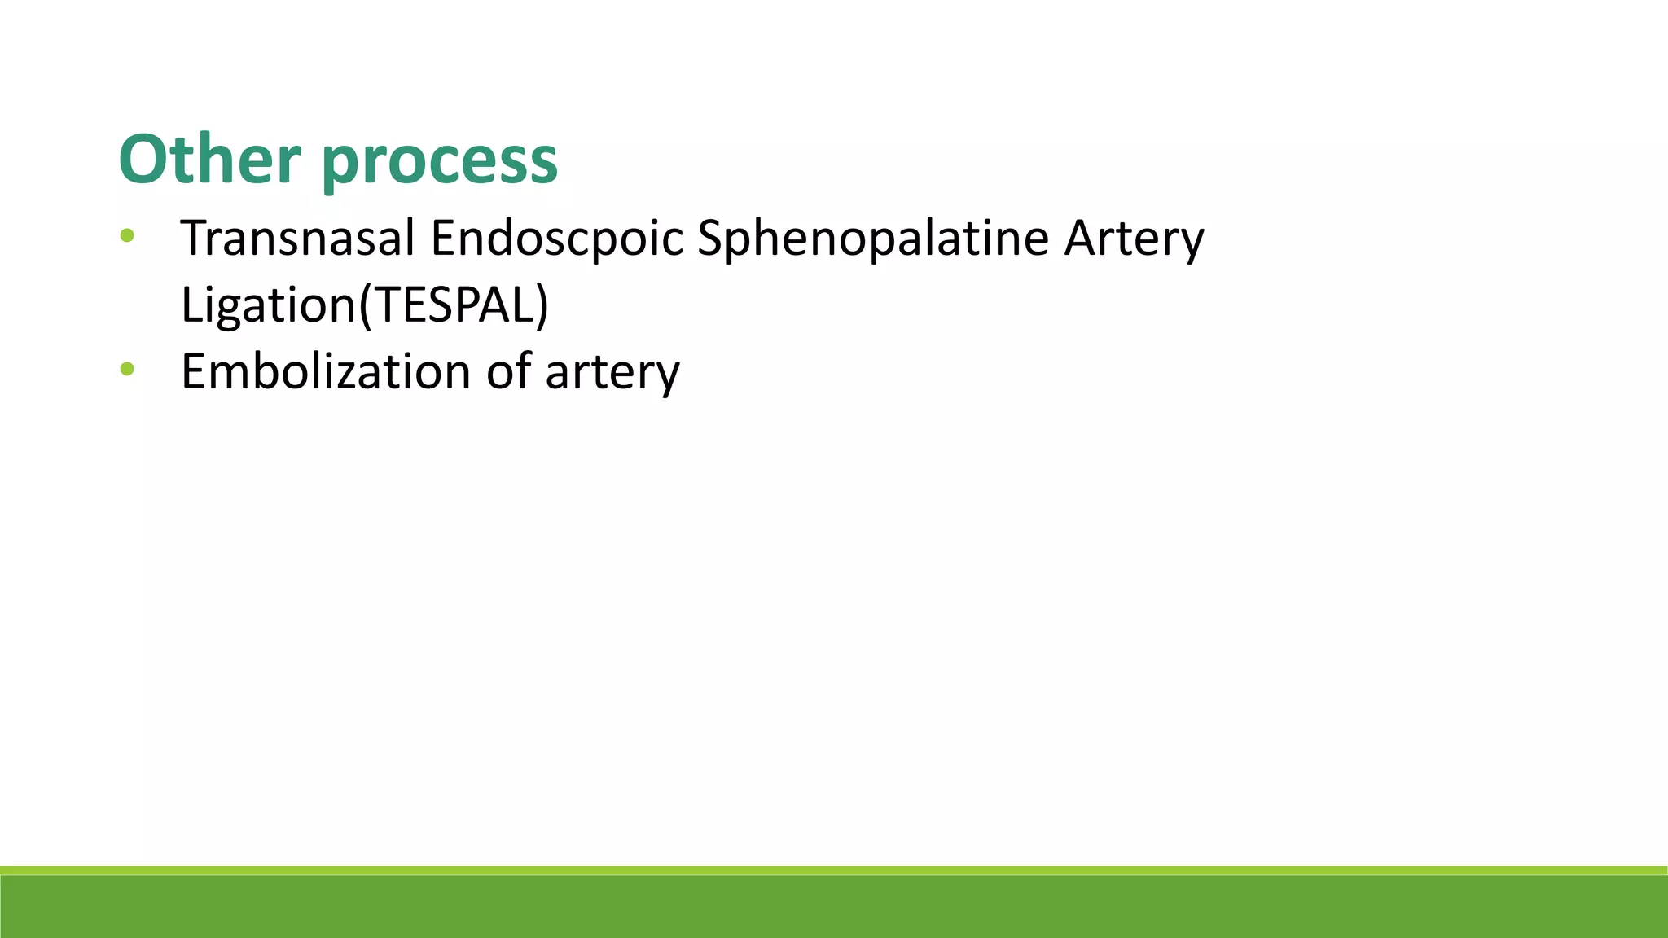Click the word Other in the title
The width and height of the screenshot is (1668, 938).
tap(209, 160)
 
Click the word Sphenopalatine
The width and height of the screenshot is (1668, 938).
tap(872, 239)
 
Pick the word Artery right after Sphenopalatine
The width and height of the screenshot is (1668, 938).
tap(1134, 240)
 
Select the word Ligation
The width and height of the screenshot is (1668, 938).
tap(268, 305)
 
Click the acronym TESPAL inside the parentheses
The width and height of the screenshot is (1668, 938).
tap(453, 305)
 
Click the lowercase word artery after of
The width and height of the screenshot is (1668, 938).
tap(612, 374)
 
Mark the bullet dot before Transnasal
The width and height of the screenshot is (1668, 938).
tap(126, 237)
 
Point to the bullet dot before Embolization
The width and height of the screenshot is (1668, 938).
tap(126, 370)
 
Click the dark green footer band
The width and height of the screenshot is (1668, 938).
tap(834, 907)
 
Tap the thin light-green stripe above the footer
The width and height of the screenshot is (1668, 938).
tap(834, 870)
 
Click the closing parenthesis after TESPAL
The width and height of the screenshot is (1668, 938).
tap(542, 306)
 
